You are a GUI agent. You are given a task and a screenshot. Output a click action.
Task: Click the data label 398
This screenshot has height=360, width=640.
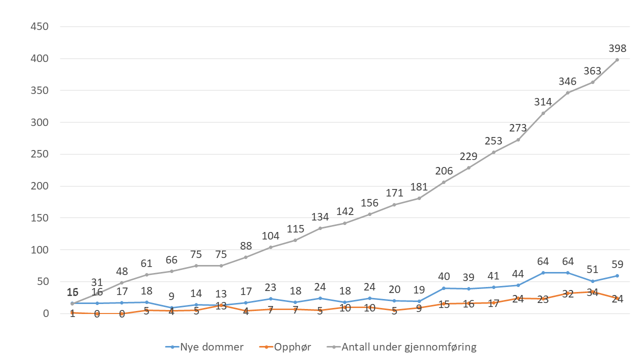(617, 48)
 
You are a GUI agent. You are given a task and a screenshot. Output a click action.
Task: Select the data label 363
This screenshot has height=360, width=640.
(592, 71)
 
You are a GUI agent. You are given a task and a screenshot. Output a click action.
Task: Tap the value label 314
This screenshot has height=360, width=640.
(543, 102)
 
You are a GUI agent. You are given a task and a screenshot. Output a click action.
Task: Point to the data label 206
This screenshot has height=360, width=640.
(443, 171)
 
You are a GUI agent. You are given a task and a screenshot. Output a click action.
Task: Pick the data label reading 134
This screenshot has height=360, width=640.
(320, 217)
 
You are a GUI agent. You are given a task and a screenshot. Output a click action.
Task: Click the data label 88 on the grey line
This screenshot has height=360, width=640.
(245, 246)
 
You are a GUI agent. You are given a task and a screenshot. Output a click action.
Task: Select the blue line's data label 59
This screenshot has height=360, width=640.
(617, 264)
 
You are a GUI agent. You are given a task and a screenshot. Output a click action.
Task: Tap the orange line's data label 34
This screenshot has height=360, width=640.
(592, 292)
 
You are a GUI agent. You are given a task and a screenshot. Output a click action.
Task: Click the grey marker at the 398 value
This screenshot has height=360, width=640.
(617, 59)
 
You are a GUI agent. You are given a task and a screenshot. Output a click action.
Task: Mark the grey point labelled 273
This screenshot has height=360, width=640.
(518, 139)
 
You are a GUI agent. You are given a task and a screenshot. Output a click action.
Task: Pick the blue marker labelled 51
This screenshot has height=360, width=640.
(592, 281)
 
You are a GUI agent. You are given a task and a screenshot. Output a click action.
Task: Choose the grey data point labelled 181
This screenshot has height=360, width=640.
(419, 198)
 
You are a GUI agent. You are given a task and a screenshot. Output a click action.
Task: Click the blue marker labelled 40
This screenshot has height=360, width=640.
(444, 288)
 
